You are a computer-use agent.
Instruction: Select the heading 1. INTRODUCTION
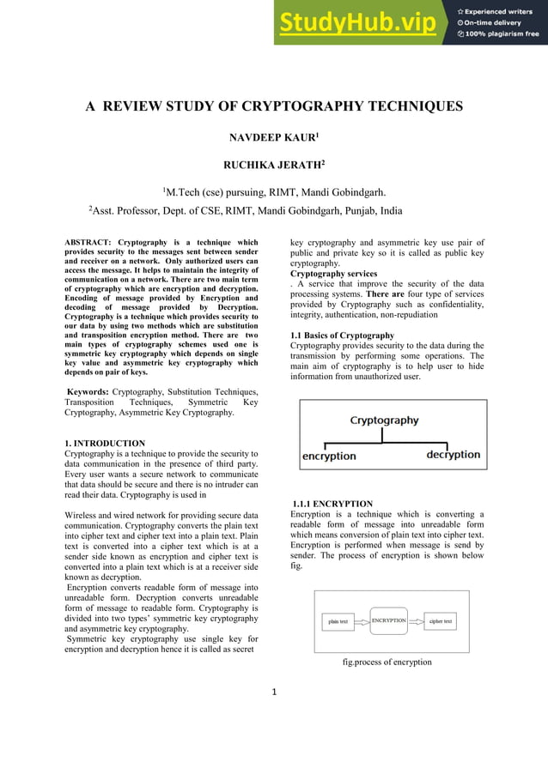105,443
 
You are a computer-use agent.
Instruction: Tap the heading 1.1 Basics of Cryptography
342,335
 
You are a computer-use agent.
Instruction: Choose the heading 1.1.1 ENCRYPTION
332,504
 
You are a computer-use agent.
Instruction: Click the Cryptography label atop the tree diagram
384,420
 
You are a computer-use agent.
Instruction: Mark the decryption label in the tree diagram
453,455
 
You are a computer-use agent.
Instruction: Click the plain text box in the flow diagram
338,621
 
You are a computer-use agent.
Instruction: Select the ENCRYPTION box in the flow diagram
388,620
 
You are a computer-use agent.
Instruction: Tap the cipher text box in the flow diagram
441,620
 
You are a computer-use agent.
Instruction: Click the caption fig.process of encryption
387,662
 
